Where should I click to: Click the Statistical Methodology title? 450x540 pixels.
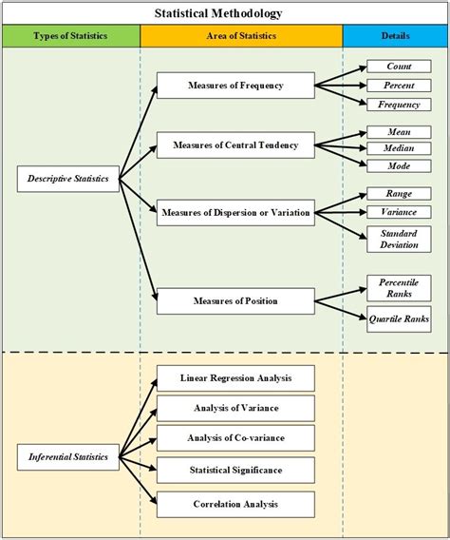(x=225, y=13)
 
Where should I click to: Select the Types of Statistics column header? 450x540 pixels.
(x=70, y=36)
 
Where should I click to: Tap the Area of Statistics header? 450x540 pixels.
(x=241, y=36)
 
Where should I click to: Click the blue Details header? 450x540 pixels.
(x=396, y=36)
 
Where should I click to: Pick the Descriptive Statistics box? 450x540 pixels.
(x=68, y=179)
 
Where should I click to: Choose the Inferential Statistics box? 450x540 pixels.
(x=67, y=457)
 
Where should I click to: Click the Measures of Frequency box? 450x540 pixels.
(x=234, y=86)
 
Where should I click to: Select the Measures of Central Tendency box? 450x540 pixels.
(x=235, y=146)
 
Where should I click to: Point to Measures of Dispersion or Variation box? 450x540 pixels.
(x=235, y=212)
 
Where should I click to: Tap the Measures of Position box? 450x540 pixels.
(x=234, y=301)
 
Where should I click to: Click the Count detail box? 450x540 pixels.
(x=398, y=67)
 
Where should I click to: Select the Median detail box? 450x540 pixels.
(x=398, y=148)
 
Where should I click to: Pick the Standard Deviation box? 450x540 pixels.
(x=398, y=239)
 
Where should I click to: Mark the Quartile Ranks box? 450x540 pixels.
(x=399, y=318)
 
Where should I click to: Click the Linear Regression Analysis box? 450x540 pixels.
(x=234, y=378)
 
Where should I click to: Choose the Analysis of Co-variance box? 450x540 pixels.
(x=234, y=438)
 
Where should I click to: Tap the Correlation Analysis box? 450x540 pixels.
(x=234, y=504)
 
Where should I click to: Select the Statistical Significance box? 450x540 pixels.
(x=234, y=470)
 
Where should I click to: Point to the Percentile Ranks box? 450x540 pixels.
(x=398, y=288)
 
